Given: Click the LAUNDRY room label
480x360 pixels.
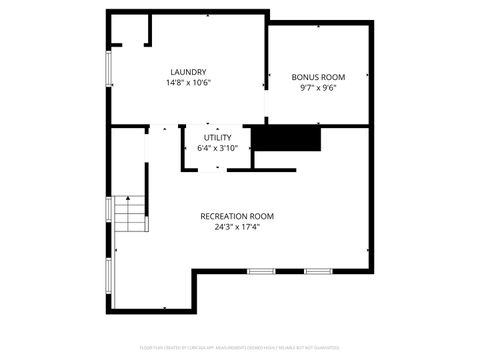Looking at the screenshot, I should (188, 72).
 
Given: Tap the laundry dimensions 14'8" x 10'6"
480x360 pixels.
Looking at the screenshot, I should (188, 83).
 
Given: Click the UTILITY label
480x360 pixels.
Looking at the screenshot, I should (217, 137).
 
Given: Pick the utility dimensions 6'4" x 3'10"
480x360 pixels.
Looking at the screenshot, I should (217, 148).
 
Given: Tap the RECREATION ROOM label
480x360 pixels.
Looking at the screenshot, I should (237, 216).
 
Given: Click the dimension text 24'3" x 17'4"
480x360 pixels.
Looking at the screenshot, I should (237, 227).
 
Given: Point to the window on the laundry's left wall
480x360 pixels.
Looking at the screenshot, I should (109, 68).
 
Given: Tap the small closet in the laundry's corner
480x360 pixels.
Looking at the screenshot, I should (129, 29).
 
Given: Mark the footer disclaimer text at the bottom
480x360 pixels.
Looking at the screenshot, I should (240, 348).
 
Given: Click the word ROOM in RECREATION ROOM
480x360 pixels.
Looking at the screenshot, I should (261, 216).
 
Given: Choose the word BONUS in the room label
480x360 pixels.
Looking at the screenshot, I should (304, 76).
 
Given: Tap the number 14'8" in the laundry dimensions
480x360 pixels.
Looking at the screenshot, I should (175, 83).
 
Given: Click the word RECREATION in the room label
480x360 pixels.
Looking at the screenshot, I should (223, 216).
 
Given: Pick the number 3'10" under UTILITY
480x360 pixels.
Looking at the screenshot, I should (228, 148).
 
